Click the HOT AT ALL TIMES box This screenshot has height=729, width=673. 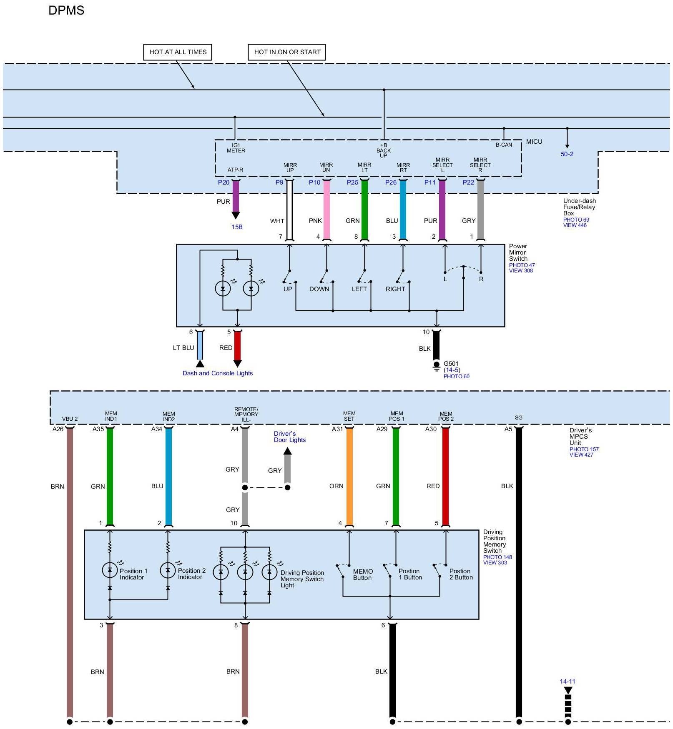click(x=178, y=52)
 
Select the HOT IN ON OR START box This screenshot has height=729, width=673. click(x=287, y=52)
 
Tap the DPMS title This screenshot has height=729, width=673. click(x=66, y=10)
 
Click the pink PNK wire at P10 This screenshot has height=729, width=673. click(x=326, y=210)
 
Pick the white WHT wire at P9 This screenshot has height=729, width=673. click(x=290, y=210)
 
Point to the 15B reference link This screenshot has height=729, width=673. click(x=237, y=227)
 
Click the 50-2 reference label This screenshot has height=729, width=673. click(x=567, y=154)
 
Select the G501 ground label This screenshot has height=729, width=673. click(x=451, y=364)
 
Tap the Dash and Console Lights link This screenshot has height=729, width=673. click(x=218, y=373)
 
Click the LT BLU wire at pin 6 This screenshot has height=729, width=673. click(x=200, y=345)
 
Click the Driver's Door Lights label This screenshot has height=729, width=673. click(x=289, y=437)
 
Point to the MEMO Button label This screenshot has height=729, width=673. click(x=362, y=574)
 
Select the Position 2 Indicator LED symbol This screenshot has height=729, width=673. click(x=168, y=570)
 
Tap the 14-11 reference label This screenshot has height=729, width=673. click(x=567, y=682)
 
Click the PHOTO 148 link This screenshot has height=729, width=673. click(x=497, y=557)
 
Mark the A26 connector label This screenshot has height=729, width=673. click(x=58, y=429)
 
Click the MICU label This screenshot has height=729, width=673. click(x=534, y=142)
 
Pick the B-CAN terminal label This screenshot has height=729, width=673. click(x=504, y=145)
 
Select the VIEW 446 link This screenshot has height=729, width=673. click(x=575, y=225)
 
